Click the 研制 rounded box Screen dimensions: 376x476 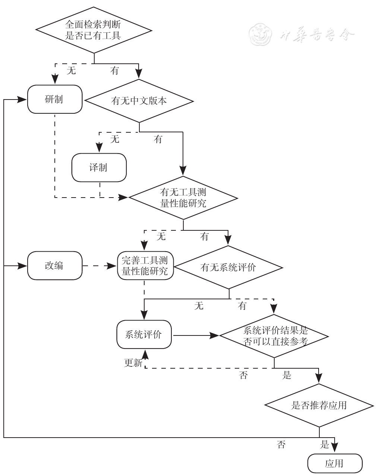pyautogui.click(x=55, y=99)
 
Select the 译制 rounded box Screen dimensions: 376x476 pyautogui.click(x=99, y=167)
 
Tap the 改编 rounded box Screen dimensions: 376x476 pyautogui.click(x=55, y=265)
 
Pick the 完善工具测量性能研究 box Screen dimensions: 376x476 pyautogui.click(x=145, y=265)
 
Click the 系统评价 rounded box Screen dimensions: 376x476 pyautogui.click(x=144, y=334)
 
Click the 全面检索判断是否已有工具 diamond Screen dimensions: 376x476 pyautogui.click(x=94, y=30)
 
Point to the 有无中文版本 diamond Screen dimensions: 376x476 pyautogui.click(x=139, y=101)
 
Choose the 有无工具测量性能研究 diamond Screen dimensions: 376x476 pyautogui.click(x=183, y=198)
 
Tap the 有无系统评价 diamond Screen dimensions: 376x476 pyautogui.click(x=228, y=267)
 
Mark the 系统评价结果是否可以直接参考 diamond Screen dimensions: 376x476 pyautogui.click(x=274, y=336)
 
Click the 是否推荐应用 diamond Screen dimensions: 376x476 pyautogui.click(x=319, y=405)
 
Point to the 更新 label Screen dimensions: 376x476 pyautogui.click(x=133, y=363)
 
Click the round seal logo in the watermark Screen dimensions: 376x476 pyautogui.click(x=260, y=34)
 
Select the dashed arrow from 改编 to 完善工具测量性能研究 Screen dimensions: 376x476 pyautogui.click(x=99, y=266)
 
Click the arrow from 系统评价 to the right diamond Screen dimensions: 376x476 pyautogui.click(x=196, y=335)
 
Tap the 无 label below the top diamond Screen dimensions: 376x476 pyautogui.click(x=71, y=70)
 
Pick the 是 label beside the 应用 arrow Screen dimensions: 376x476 pyautogui.click(x=325, y=444)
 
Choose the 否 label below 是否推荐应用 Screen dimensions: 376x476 pyautogui.click(x=281, y=444)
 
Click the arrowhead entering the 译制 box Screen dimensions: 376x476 pyautogui.click(x=99, y=148)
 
